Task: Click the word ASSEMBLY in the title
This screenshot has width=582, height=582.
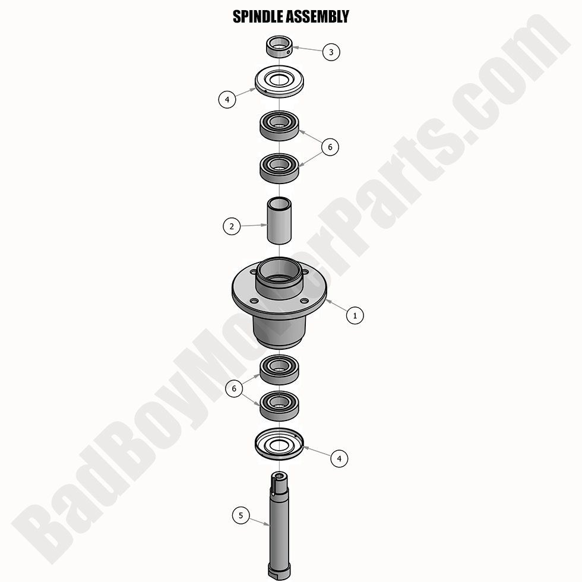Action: [x=320, y=17]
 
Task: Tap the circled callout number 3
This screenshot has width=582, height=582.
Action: [x=331, y=52]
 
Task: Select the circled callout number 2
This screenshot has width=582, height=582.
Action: [x=232, y=226]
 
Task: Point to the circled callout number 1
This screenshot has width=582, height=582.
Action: [x=355, y=315]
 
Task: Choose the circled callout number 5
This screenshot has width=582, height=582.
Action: [x=241, y=515]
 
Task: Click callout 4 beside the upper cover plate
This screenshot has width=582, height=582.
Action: [x=227, y=99]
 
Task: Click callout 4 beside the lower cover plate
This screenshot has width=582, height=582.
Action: [x=339, y=458]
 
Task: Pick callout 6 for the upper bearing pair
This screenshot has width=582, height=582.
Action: [x=330, y=147]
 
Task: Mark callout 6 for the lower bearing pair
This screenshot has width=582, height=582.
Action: [x=235, y=388]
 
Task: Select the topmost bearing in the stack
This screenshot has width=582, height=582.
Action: [x=279, y=125]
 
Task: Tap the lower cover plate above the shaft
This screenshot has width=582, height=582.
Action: [x=279, y=445]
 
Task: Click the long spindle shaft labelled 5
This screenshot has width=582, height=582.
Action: [x=279, y=523]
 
